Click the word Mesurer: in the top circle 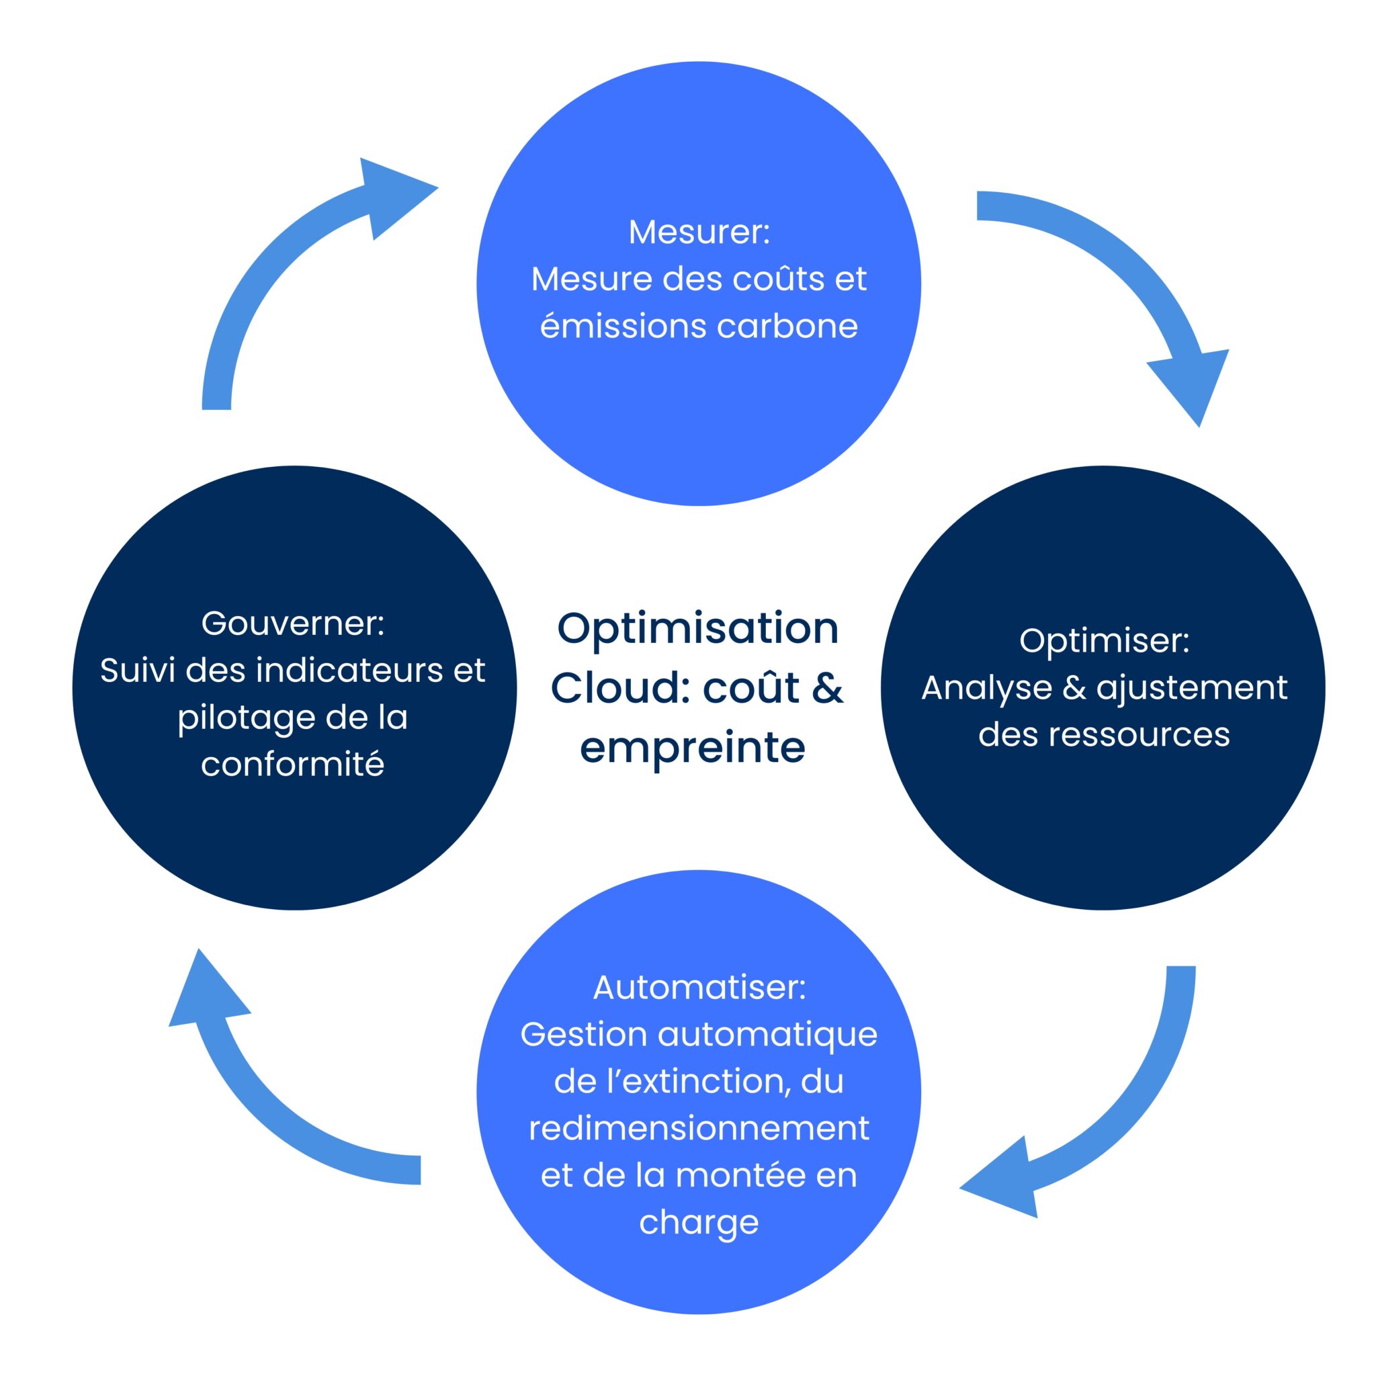click(699, 232)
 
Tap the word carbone click(787, 326)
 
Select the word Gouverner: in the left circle click(293, 623)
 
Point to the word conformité click(293, 764)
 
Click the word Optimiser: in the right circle click(1104, 640)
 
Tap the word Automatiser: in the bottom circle click(699, 987)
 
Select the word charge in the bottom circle click(699, 1222)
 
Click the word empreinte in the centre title click(692, 748)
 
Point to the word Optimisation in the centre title click(697, 629)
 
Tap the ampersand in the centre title click(826, 687)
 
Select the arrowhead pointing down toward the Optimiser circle click(1191, 384)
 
